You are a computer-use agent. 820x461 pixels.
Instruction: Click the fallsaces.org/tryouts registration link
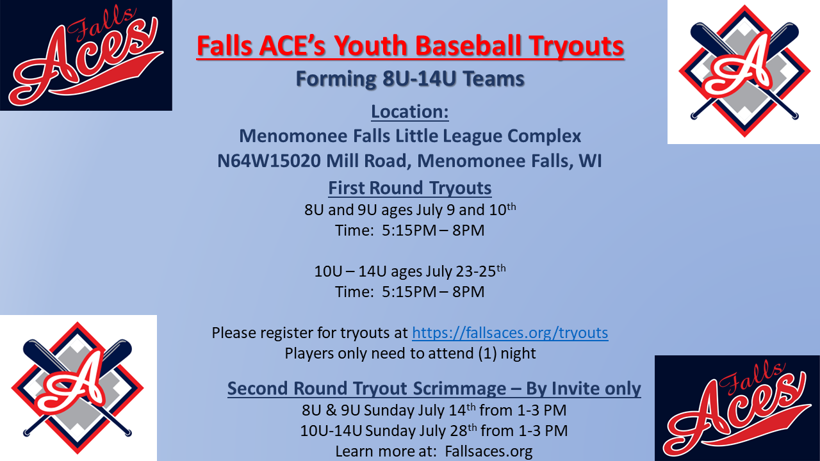pyautogui.click(x=510, y=333)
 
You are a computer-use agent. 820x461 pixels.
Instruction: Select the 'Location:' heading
pyautogui.click(x=410, y=112)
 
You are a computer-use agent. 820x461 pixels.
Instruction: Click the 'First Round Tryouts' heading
pyautogui.click(x=410, y=188)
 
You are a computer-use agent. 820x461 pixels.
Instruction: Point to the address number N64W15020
pyautogui.click(x=269, y=161)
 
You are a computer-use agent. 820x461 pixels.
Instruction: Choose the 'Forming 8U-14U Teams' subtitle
pyautogui.click(x=410, y=79)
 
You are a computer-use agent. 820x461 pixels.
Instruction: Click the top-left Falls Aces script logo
pyautogui.click(x=86, y=55)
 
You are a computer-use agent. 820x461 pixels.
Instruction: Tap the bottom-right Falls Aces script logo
pyautogui.click(x=737, y=408)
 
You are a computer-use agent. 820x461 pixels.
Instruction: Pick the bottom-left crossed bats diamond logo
pyautogui.click(x=78, y=387)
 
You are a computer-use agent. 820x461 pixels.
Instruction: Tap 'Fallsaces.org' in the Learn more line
pyautogui.click(x=489, y=451)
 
